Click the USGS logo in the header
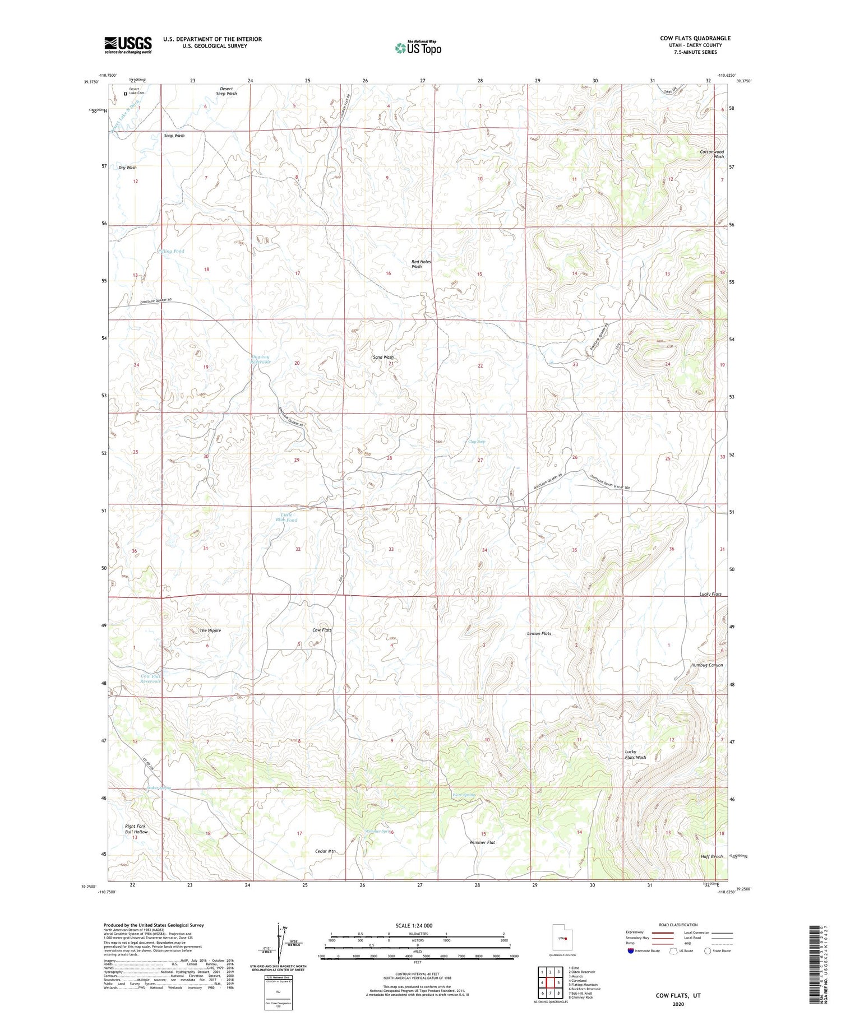coord(128,45)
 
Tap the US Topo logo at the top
coord(418,48)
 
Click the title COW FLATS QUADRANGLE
coord(695,39)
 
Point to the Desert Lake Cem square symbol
coord(125,94)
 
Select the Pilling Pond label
coord(171,251)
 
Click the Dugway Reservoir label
coord(260,359)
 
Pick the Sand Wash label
coord(383,357)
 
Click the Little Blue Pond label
coord(286,517)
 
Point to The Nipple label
coord(210,630)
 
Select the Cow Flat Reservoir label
coord(151,679)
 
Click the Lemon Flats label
coord(539,633)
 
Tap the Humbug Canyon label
coord(706,665)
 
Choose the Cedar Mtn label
coord(325,851)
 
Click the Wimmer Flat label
coord(482,842)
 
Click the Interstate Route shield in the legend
coord(630,951)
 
